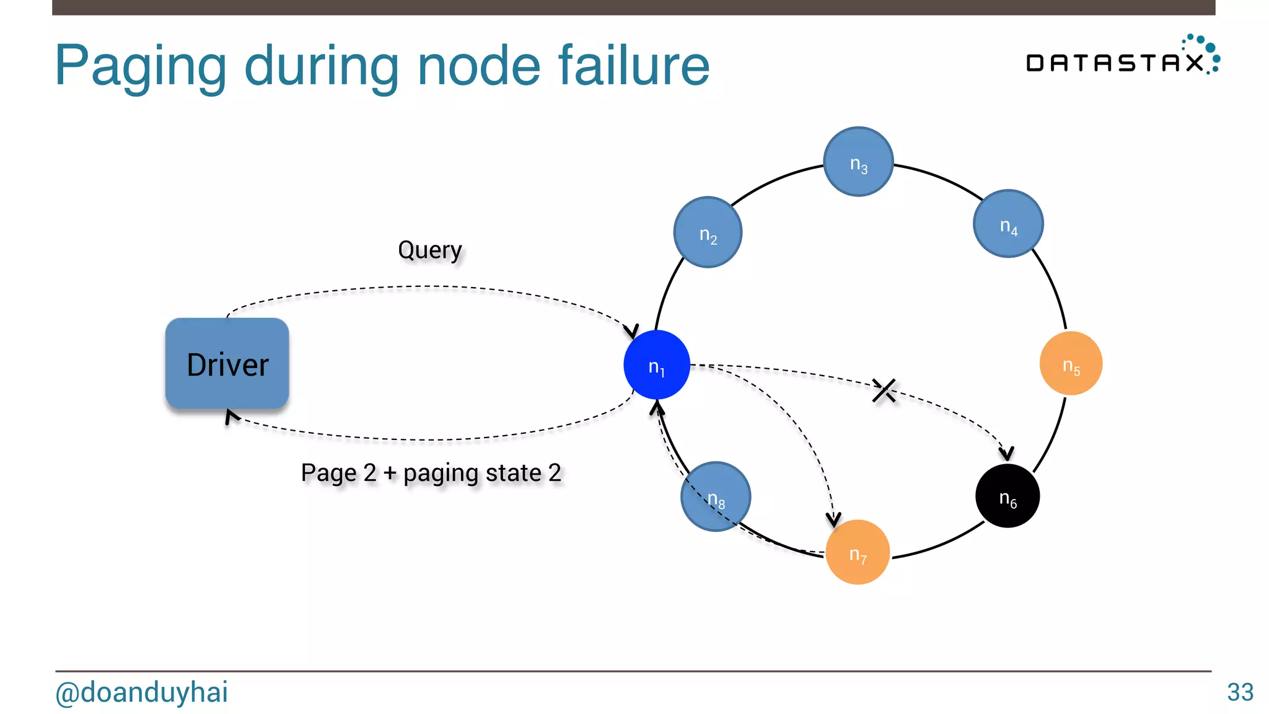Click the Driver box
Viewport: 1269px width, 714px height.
tap(227, 364)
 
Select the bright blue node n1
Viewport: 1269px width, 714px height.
tap(656, 365)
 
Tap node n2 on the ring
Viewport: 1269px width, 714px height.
tap(708, 232)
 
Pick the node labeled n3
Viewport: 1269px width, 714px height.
tap(858, 162)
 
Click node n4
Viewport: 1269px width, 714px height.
tap(1008, 224)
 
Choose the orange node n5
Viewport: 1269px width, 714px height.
tap(1071, 364)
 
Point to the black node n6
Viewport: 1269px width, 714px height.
tap(1008, 496)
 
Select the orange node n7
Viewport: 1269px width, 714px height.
tap(858, 552)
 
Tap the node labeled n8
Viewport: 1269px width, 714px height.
tap(716, 496)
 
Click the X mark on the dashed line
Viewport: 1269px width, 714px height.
tap(884, 390)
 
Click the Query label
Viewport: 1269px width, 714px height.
tap(430, 250)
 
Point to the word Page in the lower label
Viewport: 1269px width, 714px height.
tap(329, 474)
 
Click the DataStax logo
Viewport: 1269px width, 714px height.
tap(1122, 57)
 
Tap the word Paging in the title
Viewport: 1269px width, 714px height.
tap(141, 67)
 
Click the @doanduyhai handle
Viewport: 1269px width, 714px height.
tap(142, 692)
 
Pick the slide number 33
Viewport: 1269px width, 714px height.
tap(1240, 692)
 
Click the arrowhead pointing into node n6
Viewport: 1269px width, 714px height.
tap(1007, 454)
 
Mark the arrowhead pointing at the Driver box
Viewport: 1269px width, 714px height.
tap(231, 416)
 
